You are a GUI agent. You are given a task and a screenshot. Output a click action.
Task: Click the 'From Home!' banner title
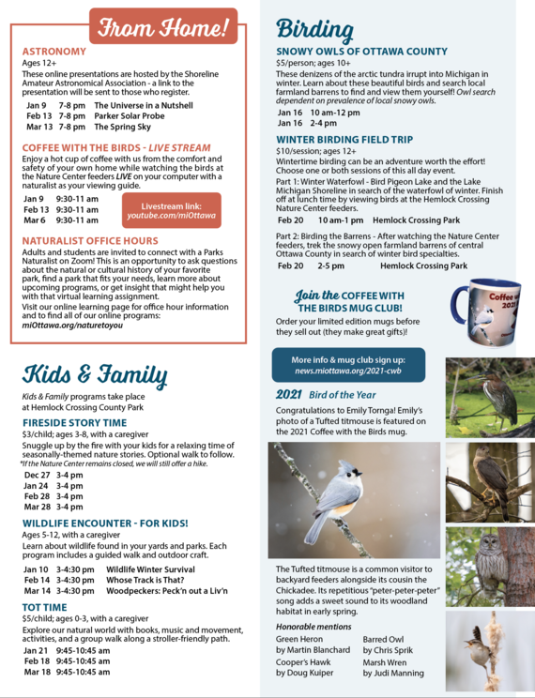(x=163, y=27)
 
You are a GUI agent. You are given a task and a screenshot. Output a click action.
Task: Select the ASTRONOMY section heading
(x=53, y=52)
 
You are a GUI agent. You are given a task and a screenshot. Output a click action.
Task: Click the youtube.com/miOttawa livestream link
(x=171, y=216)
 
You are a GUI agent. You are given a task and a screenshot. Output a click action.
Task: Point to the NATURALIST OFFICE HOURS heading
(x=90, y=241)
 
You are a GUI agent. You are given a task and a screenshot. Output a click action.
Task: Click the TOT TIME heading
(x=44, y=608)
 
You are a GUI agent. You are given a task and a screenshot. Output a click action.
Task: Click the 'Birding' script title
(x=314, y=30)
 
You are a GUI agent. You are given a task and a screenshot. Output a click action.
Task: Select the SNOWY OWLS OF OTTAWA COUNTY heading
(x=361, y=52)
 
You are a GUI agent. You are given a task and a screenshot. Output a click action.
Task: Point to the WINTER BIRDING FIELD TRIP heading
(x=344, y=140)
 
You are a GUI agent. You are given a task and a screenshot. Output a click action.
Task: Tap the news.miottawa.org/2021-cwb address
(x=347, y=371)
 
